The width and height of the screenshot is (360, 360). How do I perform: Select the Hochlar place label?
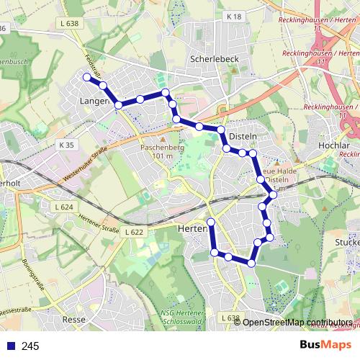(333, 146)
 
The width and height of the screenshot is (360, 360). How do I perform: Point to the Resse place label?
(74, 319)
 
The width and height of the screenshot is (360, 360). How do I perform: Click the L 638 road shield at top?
(70, 23)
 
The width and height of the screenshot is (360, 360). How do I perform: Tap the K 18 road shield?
(233, 16)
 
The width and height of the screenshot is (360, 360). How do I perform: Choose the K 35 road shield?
(67, 145)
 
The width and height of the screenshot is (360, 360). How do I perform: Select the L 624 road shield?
(65, 207)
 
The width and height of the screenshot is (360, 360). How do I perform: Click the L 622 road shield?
(135, 232)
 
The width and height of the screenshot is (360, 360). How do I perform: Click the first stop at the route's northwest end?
(86, 77)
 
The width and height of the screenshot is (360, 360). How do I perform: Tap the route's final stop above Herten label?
(211, 221)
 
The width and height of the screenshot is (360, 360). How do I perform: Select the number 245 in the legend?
(30, 346)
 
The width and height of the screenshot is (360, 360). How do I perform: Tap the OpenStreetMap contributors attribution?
(297, 322)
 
